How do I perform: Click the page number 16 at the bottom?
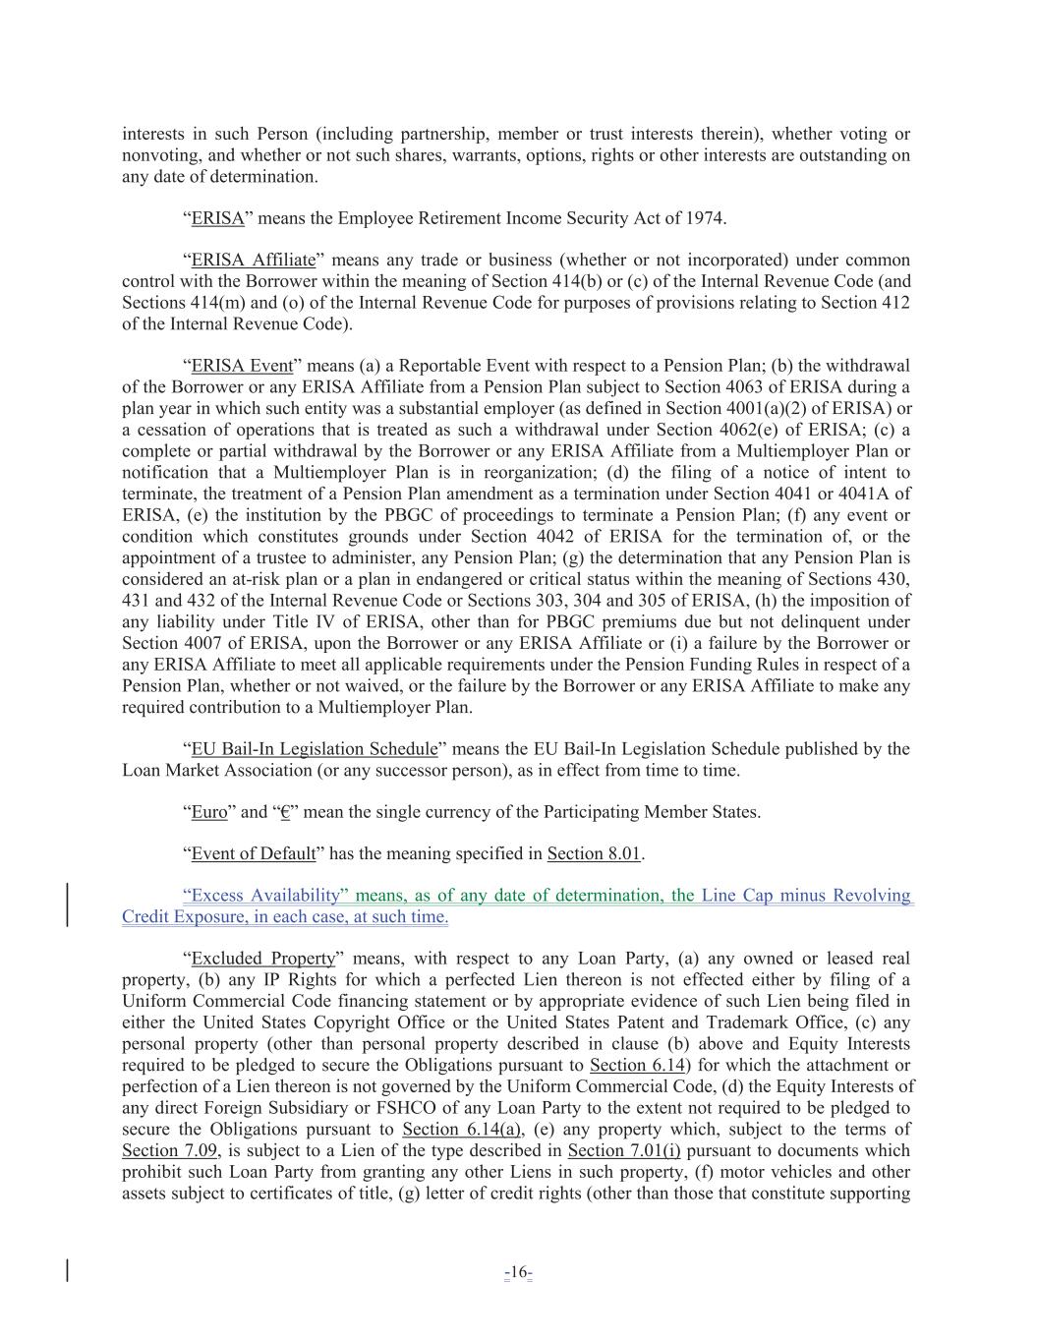pyautogui.click(x=518, y=1273)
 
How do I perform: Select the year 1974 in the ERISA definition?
pyautogui.click(x=707, y=218)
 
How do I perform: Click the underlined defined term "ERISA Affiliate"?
pyautogui.click(x=253, y=261)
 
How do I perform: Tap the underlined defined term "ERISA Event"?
pyautogui.click(x=242, y=367)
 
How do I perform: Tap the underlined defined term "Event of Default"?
pyautogui.click(x=253, y=853)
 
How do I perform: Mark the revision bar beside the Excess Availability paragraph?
pyautogui.click(x=67, y=905)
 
